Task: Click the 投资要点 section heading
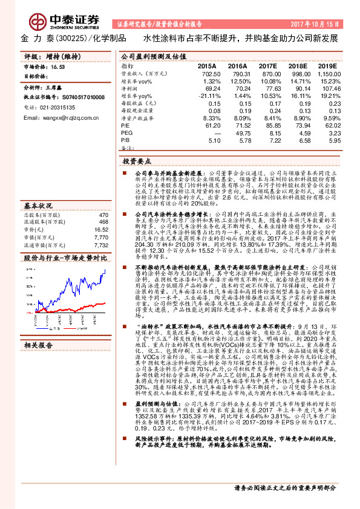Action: tap(136, 163)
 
